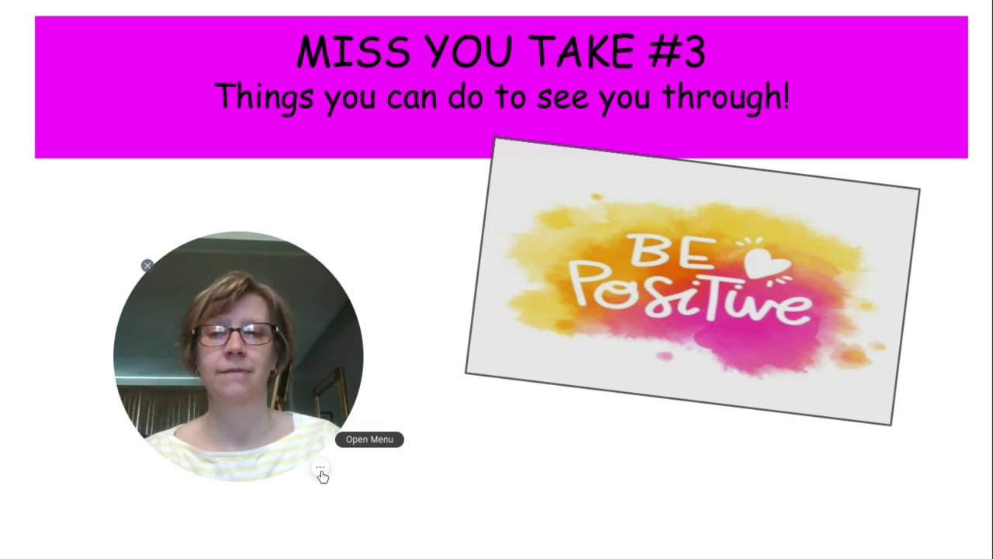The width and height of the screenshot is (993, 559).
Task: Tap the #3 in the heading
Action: pyautogui.click(x=676, y=51)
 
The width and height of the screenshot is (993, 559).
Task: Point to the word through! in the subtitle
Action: pyautogui.click(x=726, y=98)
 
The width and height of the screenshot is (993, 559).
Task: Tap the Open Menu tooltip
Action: pyautogui.click(x=369, y=439)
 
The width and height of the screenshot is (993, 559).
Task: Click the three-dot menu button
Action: pyautogui.click(x=320, y=467)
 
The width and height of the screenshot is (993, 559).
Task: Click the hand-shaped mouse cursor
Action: pyautogui.click(x=324, y=477)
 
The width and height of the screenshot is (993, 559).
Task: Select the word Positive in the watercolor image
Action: pyautogui.click(x=692, y=295)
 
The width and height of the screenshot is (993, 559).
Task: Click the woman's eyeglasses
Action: pyautogui.click(x=236, y=335)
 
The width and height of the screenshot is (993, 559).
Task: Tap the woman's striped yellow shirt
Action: pyautogui.click(x=240, y=448)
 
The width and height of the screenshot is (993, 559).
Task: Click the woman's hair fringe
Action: pyautogui.click(x=230, y=292)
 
